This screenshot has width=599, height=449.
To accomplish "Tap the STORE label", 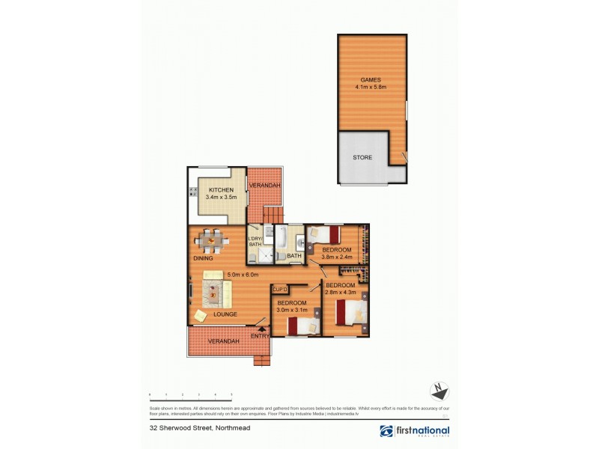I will click(x=362, y=157).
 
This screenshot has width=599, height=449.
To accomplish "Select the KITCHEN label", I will click(x=221, y=190).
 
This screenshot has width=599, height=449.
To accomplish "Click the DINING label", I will click(x=203, y=258).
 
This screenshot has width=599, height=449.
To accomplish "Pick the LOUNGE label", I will click(x=225, y=314).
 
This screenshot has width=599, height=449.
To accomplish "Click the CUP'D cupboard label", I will click(x=281, y=289).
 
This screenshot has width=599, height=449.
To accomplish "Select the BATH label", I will click(x=294, y=256).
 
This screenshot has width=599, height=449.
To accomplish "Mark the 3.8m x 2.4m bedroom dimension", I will click(x=336, y=257).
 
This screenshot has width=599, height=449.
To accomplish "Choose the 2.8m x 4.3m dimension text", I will click(x=340, y=293).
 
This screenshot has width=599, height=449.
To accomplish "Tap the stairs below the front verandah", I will click(x=262, y=360).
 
